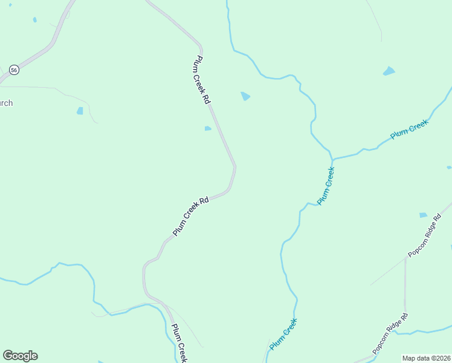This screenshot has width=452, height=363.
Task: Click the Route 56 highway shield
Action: coord(15,70)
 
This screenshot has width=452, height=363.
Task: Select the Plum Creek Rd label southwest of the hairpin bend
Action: coord(190,216)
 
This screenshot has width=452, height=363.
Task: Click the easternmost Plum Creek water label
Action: coord(409,129)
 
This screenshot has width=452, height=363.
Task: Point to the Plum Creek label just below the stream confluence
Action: coord(326,185)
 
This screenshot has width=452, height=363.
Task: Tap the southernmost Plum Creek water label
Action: coord(283,334)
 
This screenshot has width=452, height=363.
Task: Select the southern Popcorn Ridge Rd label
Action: coord(390,333)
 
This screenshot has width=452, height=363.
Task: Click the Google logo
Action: coord(20,356)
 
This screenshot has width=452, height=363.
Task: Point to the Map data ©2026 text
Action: coord(426,358)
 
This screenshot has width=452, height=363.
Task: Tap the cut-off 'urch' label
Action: coord(6,103)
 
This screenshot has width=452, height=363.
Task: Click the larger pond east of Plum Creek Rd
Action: coord(245,96)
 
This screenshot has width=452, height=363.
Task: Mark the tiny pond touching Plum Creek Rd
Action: coord(207,128)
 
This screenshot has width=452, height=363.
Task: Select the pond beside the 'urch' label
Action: coord(80,111)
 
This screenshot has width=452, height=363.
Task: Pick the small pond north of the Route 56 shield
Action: coord(34,20)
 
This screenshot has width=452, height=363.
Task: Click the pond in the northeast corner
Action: coord(389,71)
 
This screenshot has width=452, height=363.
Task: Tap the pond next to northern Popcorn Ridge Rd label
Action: coord(423,215)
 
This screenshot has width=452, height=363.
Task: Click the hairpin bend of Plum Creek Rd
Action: coord(234,169)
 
